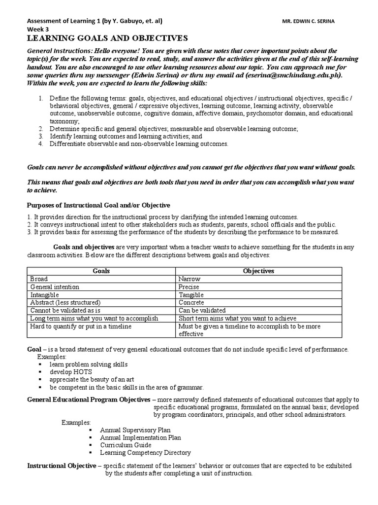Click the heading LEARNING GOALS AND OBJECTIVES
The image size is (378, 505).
pos(107,38)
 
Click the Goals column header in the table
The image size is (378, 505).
pos(101,271)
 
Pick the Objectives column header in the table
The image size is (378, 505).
pos(259,271)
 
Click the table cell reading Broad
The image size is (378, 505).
pos(39,279)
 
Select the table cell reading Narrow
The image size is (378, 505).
pos(189,279)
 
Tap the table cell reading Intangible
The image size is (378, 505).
pos(45,294)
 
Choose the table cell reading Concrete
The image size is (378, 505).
pos(191,302)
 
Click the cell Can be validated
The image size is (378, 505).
pos(202,310)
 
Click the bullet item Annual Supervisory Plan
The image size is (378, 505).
pos(135,430)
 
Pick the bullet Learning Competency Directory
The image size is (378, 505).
pos(145,452)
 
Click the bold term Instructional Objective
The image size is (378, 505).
pos(62,466)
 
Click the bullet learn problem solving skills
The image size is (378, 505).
pos(88,364)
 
